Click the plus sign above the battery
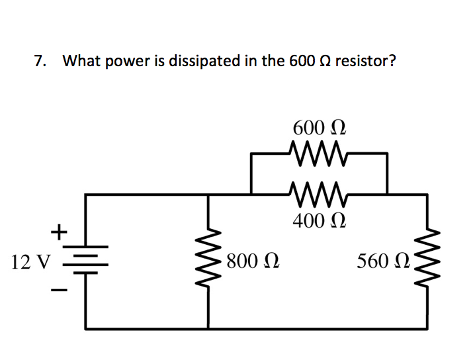point(59,232)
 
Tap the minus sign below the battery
point(59,291)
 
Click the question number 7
point(40,62)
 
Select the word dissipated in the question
point(204,62)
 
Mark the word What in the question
point(78,62)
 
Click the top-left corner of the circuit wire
point(87,195)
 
